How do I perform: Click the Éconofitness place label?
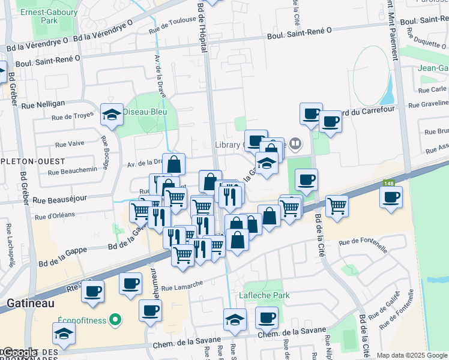click(82, 320)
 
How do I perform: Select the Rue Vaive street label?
click(70, 145)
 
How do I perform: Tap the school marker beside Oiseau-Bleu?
click(112, 113)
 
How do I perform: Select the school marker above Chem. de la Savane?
click(235, 319)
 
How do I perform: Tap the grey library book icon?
click(295, 144)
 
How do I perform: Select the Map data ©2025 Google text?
click(412, 355)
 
